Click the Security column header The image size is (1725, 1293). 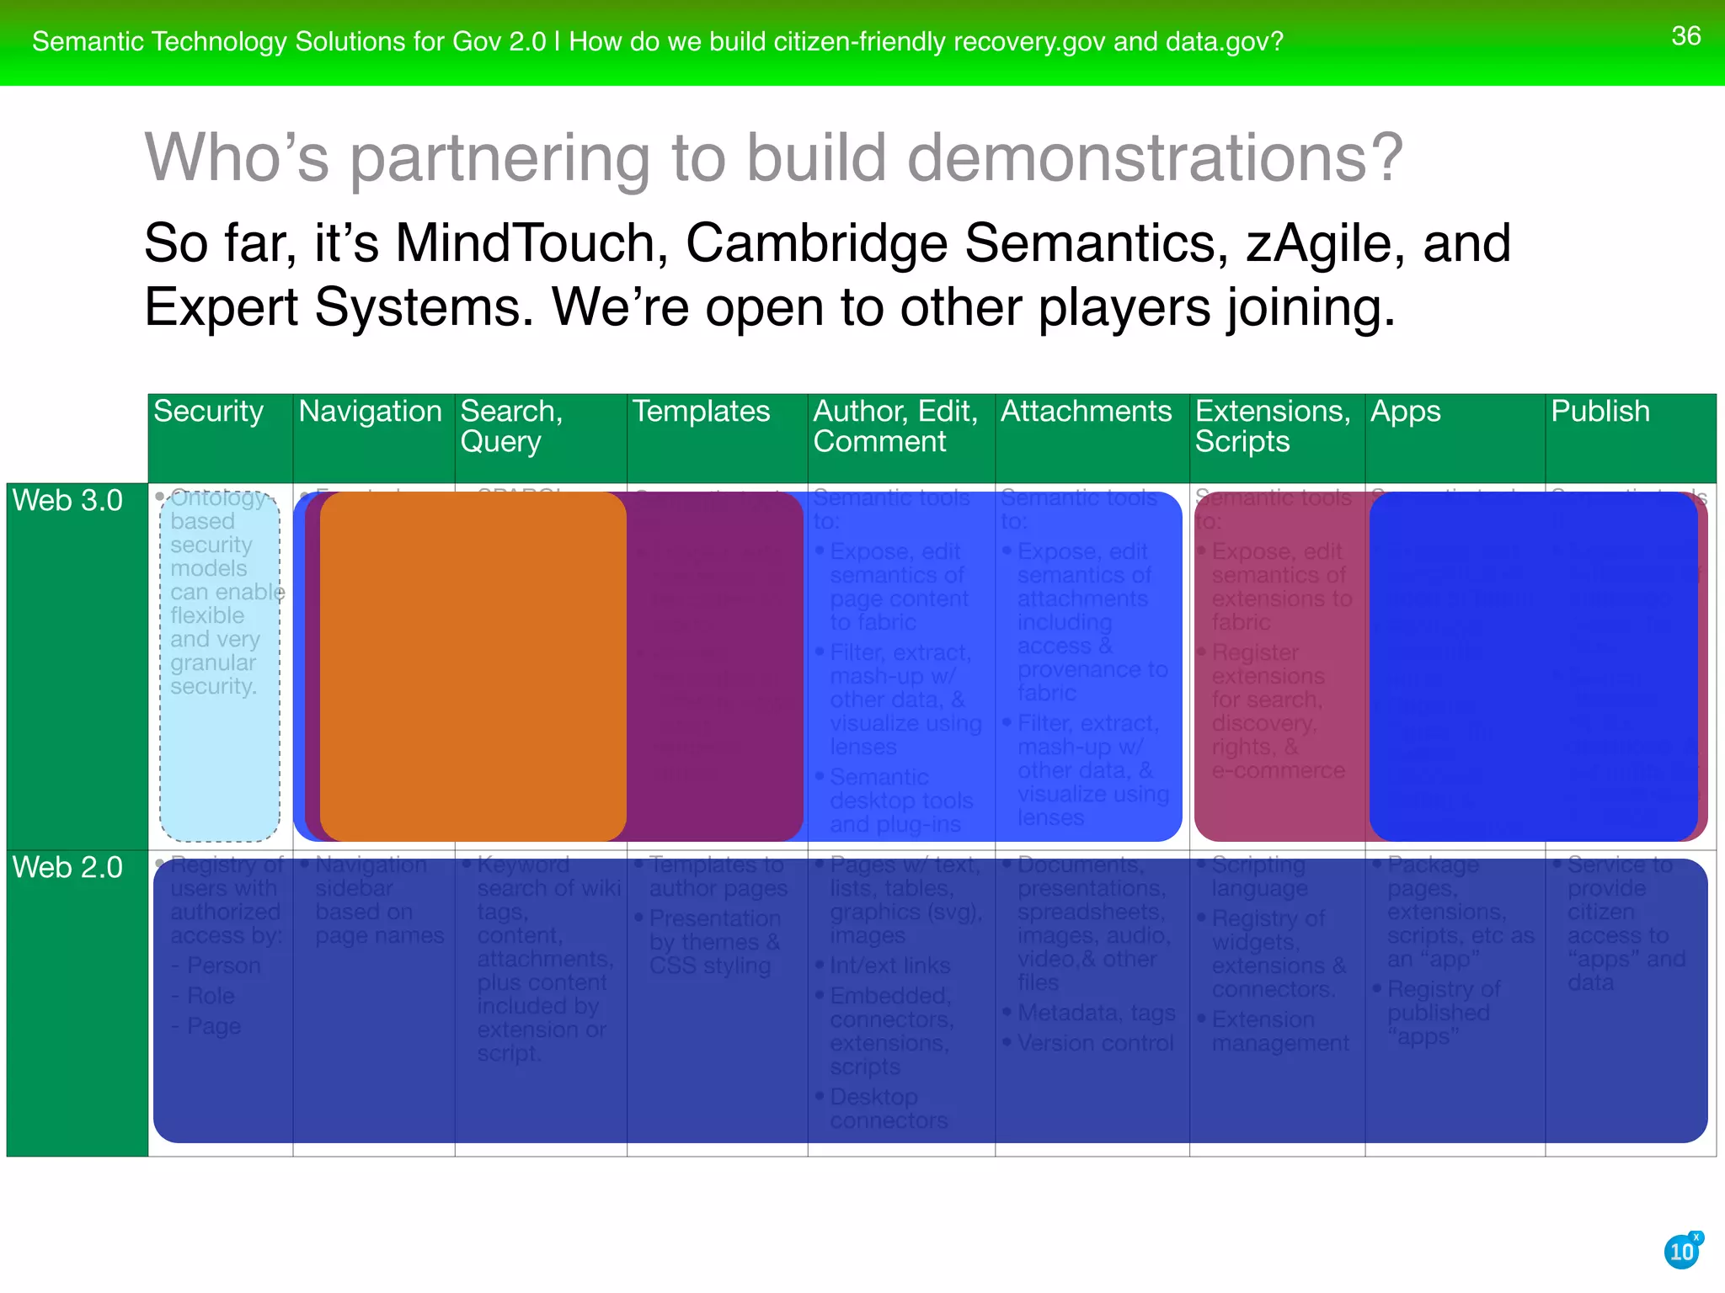(208, 412)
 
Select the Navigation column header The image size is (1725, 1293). (370, 412)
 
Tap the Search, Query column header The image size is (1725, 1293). (511, 426)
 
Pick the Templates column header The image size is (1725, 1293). (701, 412)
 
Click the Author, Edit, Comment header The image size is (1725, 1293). (895, 426)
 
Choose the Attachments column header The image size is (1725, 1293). (1086, 412)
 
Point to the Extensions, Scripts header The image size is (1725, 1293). (1272, 426)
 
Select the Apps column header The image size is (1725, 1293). (1405, 412)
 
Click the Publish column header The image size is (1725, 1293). (1599, 412)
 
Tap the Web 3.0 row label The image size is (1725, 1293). (68, 501)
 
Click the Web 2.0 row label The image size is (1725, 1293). (68, 868)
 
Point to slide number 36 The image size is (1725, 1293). (1685, 36)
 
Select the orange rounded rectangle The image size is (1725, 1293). (473, 666)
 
